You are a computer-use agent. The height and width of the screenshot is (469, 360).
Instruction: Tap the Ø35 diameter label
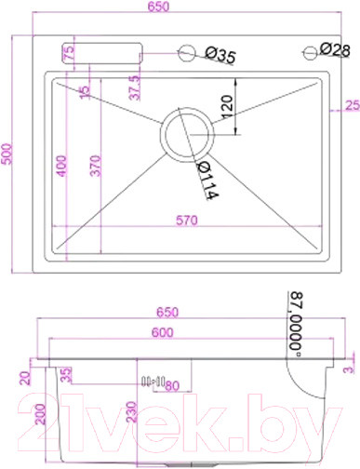tap(218, 57)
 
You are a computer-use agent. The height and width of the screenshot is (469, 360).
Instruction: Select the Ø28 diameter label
tap(334, 49)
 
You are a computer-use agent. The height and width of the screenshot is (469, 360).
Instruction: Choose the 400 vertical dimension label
tap(61, 168)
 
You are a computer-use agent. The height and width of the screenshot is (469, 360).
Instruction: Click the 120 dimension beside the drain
tap(227, 105)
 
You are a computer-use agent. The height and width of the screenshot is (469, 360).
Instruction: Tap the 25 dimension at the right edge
tap(351, 105)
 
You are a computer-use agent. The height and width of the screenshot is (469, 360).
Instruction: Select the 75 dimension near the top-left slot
tap(68, 53)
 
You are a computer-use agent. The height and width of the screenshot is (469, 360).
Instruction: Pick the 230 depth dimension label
tap(131, 415)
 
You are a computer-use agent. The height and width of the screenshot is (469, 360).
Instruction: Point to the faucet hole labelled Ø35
tap(189, 54)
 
